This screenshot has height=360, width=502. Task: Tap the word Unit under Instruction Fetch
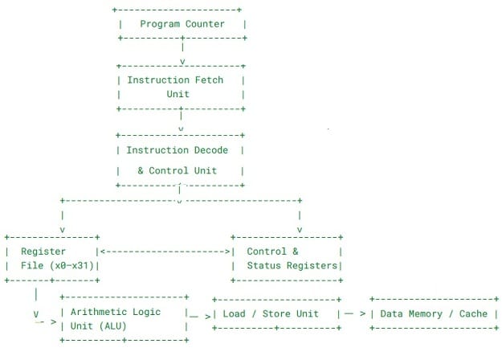(178, 94)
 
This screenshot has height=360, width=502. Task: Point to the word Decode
(208, 150)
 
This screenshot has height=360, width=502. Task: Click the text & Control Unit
(178, 171)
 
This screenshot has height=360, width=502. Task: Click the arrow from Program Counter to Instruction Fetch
(183, 53)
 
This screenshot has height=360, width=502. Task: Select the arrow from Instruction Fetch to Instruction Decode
(182, 121)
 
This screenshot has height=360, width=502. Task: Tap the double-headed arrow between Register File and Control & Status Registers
(165, 252)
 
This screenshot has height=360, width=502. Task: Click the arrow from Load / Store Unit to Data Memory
(355, 314)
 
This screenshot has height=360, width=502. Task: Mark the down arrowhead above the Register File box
(62, 230)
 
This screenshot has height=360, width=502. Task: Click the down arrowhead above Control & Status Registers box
(300, 230)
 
